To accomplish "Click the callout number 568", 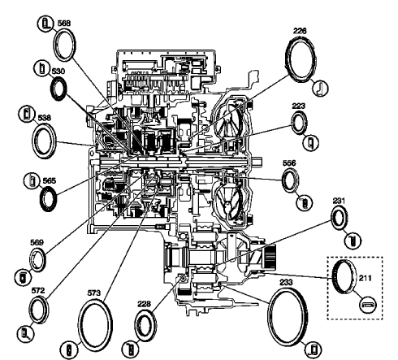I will pyautogui.click(x=63, y=24).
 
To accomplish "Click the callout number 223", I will pyautogui.click(x=299, y=106).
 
